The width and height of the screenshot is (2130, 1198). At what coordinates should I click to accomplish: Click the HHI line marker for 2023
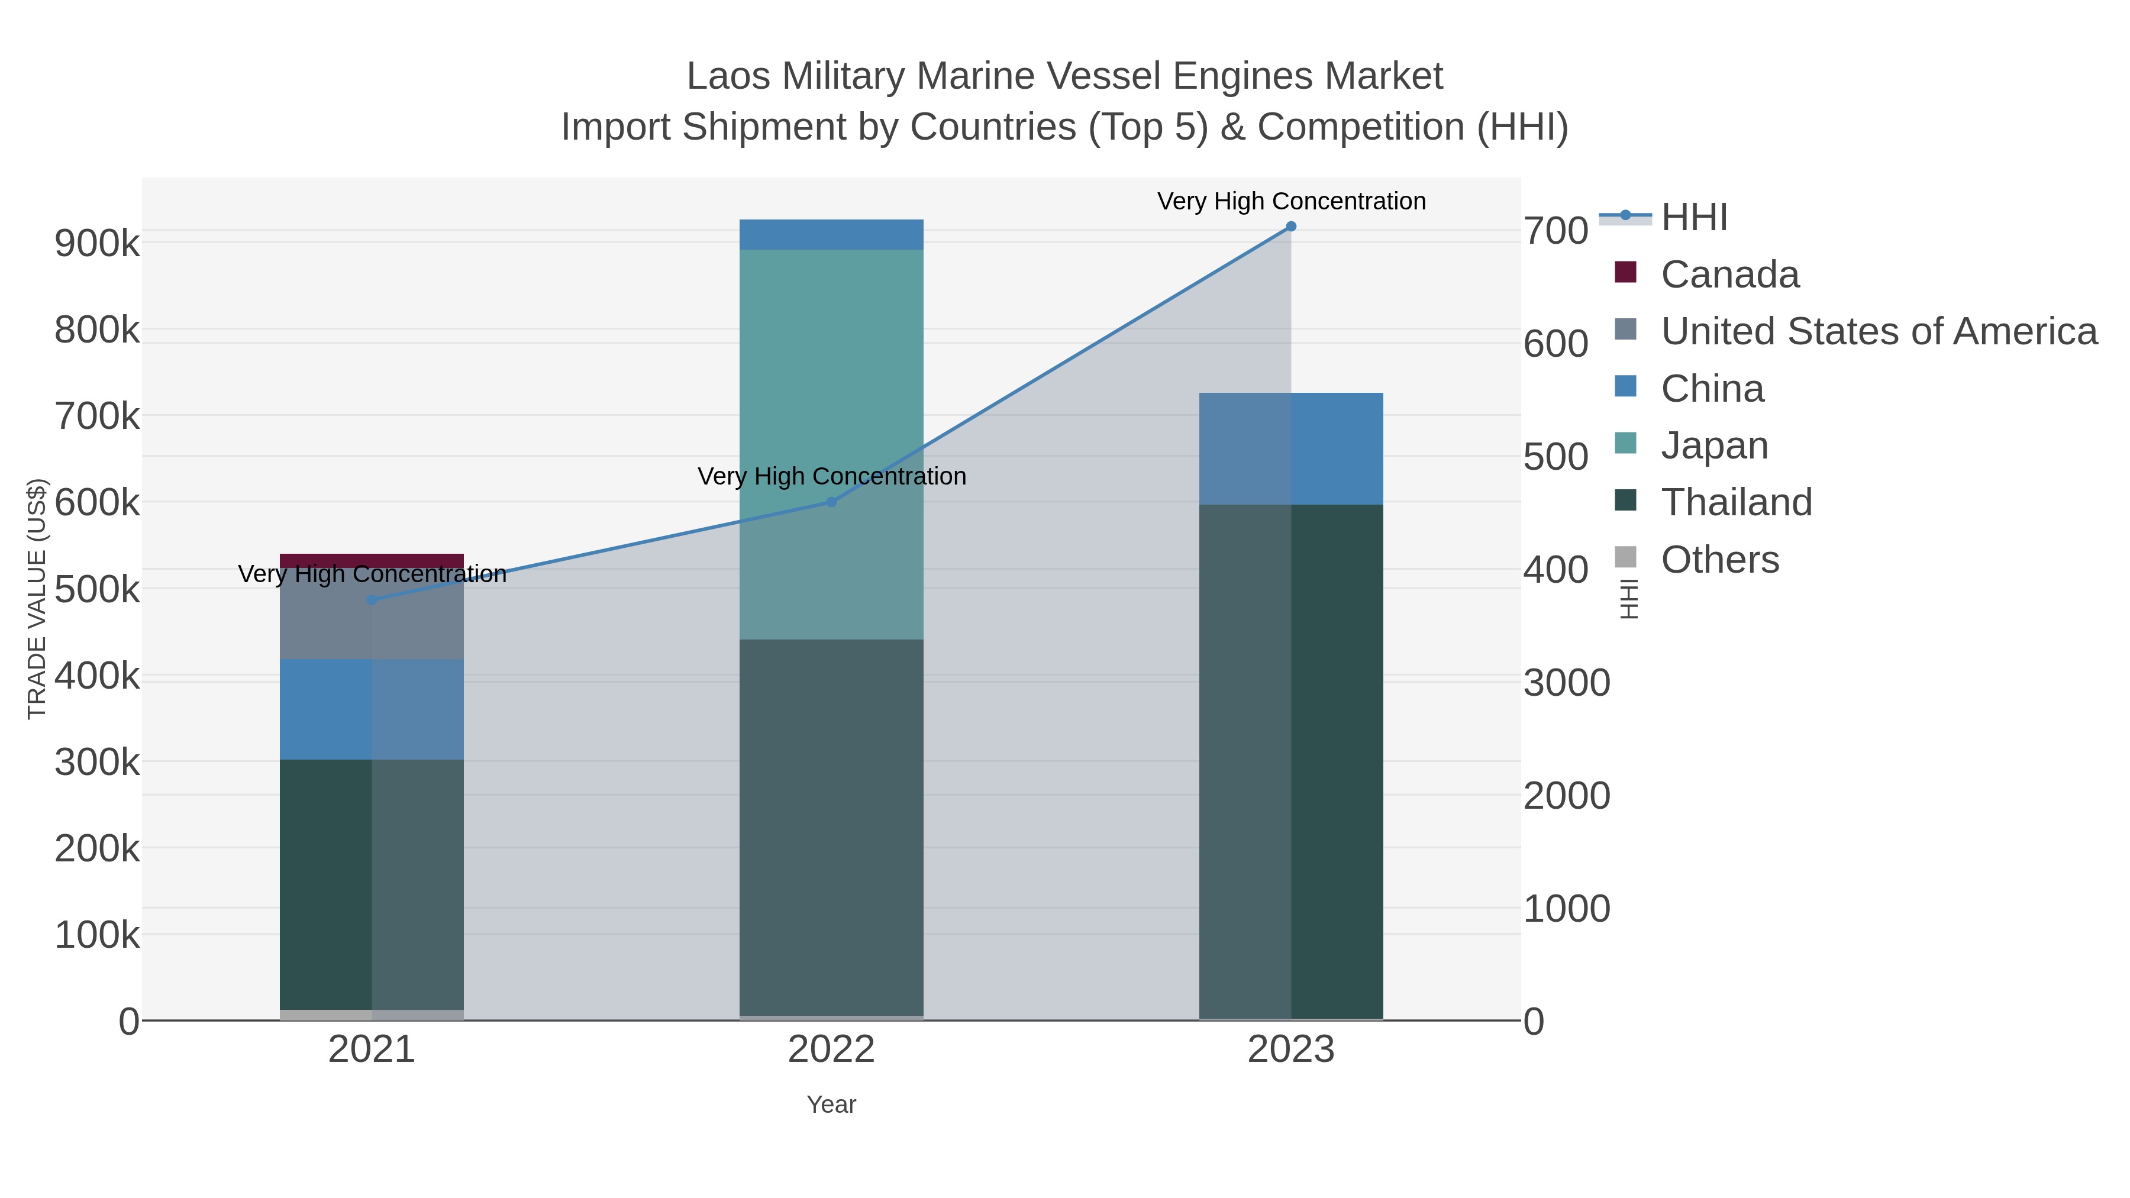coord(1291,227)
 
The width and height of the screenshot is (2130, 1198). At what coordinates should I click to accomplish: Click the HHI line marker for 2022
coord(832,502)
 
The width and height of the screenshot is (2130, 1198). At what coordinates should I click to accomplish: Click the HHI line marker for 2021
coord(372,599)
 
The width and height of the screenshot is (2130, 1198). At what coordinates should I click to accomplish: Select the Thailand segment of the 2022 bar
coord(831,827)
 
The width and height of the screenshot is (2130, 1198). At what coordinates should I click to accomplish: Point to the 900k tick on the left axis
coord(97,243)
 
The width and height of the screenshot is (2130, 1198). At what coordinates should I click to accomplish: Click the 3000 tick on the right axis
coord(1567,683)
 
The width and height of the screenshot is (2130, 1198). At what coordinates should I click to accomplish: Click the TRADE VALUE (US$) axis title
coord(37,599)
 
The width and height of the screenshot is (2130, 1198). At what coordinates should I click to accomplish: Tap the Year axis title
coord(831,1105)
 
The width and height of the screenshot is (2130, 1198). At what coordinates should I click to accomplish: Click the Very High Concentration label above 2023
coord(1291,201)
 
